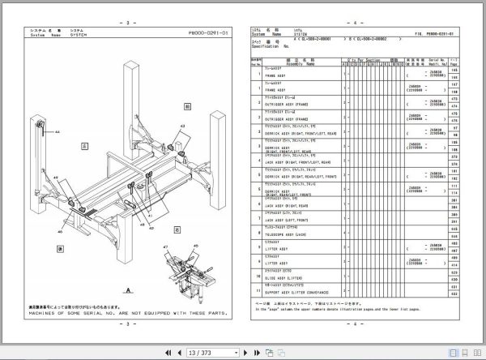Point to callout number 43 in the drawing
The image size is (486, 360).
coord(181,126)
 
